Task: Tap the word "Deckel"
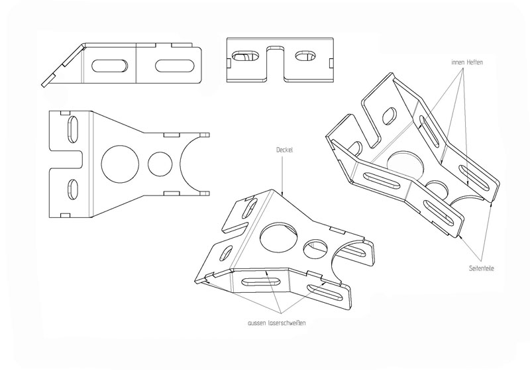click(x=284, y=150)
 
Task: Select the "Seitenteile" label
click(x=482, y=268)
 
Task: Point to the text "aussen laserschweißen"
click(x=277, y=323)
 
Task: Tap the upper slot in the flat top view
click(x=74, y=129)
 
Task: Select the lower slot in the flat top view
click(x=73, y=191)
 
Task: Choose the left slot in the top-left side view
click(x=110, y=66)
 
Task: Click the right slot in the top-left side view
click(x=174, y=66)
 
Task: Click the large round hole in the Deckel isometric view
click(x=278, y=237)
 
